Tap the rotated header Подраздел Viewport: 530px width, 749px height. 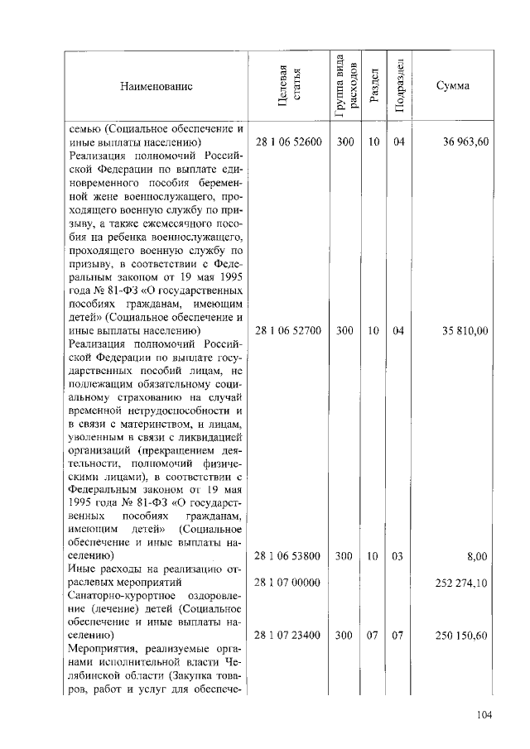(399, 85)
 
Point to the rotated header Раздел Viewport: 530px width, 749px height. (374, 85)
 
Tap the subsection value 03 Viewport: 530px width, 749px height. (398, 556)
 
